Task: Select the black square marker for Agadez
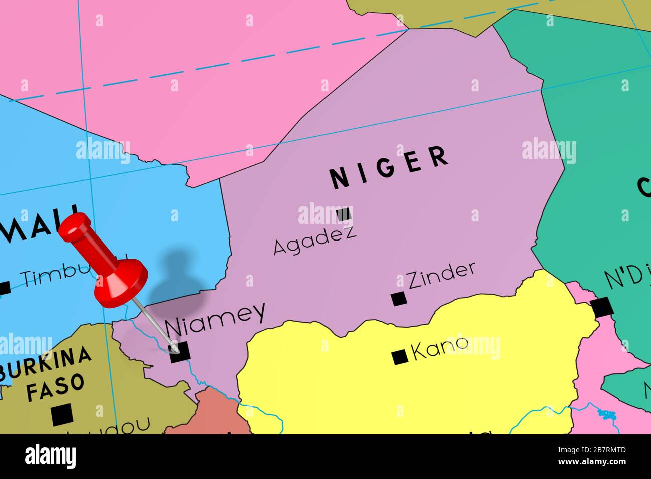coord(344,214)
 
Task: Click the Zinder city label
coord(441,276)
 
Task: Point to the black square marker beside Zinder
coord(399,299)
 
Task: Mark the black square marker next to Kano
coord(399,357)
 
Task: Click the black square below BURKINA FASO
coord(62,415)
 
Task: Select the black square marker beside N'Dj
coord(601,307)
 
